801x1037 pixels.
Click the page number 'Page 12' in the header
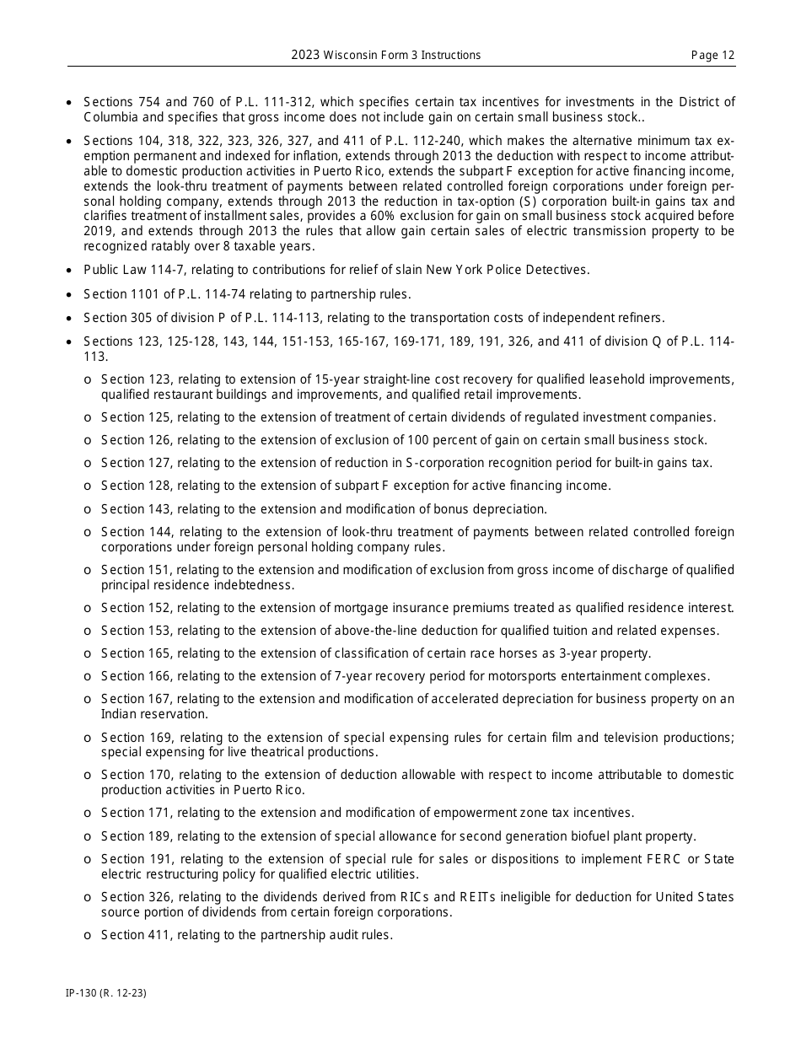point(712,56)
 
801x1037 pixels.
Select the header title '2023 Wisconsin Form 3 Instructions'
point(386,56)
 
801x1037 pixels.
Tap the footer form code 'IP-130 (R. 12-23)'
point(106,993)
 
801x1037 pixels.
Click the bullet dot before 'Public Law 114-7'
point(69,270)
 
